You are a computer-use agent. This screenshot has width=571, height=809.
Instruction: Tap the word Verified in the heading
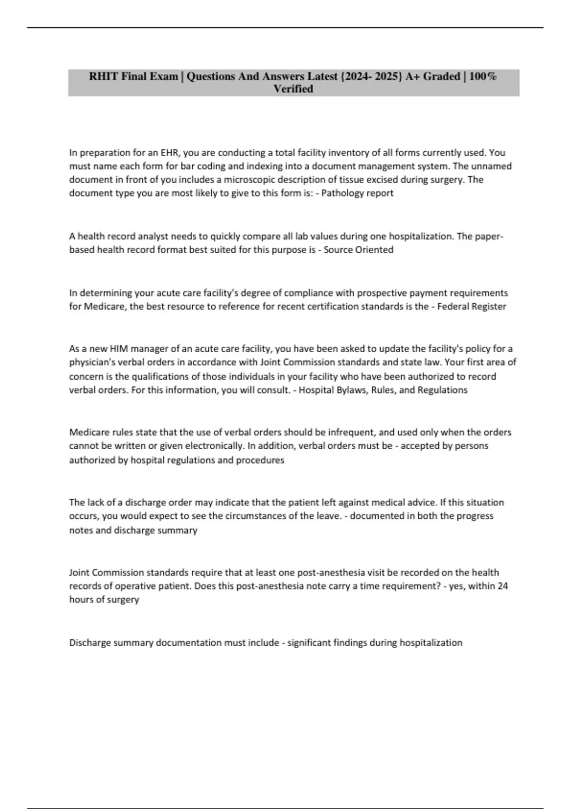tap(293, 89)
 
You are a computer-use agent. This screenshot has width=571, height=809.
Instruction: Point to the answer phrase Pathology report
tap(357, 193)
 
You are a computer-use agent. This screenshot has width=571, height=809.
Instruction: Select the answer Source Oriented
tap(358, 250)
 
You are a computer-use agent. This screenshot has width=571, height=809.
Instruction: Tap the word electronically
tap(214, 446)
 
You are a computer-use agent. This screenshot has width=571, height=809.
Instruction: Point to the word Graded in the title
tap(441, 77)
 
